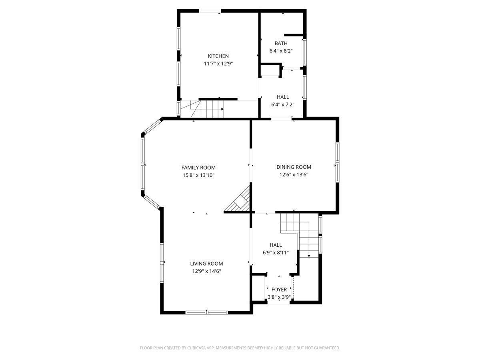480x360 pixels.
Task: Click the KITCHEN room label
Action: point(218,56)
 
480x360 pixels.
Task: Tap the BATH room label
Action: point(281,43)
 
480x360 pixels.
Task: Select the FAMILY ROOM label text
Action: point(198,168)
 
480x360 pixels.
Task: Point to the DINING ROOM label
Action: point(294,167)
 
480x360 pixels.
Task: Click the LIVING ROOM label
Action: point(206,263)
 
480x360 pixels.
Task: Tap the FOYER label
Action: point(279,289)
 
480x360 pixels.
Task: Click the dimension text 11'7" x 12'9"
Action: point(218,64)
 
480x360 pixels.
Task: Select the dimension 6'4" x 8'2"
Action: point(281,51)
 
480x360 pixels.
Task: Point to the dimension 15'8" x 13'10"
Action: point(198,175)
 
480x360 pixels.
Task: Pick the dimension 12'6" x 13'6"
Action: point(294,175)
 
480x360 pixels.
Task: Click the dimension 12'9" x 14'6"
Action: point(206,271)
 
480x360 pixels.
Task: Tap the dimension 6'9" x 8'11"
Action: point(276,252)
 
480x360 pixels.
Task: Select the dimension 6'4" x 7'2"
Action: point(282,104)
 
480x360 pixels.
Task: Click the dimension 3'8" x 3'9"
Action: point(279,297)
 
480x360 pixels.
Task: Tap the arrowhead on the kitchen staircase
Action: point(222,109)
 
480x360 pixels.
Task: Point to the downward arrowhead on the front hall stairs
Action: point(309,255)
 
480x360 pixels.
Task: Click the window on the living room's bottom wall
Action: point(206,312)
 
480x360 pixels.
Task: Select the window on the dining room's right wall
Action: point(337,162)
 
